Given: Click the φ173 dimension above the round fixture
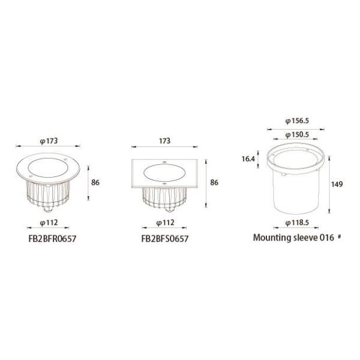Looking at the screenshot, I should (x=48, y=141).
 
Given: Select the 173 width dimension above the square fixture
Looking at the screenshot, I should (x=165, y=141).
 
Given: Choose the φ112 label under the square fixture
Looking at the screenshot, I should (x=165, y=223).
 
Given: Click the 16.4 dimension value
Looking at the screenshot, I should (x=248, y=159).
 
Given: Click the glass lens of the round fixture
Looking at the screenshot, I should (x=48, y=166).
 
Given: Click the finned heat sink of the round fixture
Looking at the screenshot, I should (x=48, y=195).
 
